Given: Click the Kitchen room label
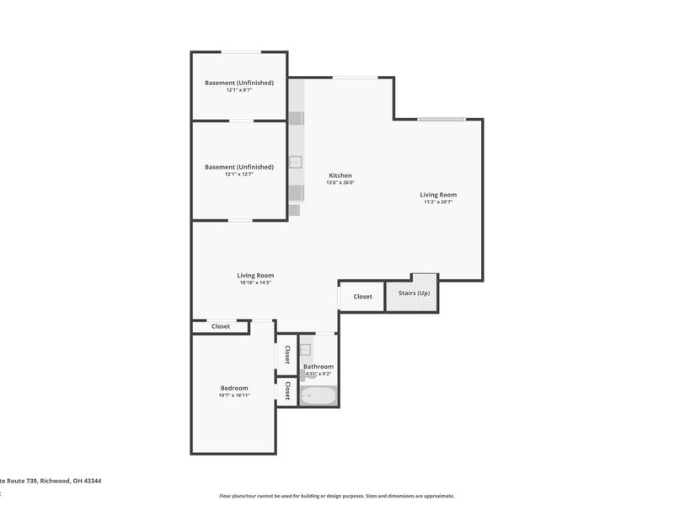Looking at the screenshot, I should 340,175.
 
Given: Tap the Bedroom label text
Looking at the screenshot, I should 234,388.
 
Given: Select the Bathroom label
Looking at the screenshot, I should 318,367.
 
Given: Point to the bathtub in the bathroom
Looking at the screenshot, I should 318,395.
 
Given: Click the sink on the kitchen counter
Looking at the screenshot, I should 296,163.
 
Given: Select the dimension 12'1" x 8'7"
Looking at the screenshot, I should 239,90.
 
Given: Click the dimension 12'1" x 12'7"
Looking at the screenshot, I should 239,175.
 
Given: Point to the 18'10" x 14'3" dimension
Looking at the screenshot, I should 255,283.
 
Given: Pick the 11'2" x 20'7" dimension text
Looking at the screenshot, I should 439,202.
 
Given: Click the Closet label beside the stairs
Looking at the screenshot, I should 362,297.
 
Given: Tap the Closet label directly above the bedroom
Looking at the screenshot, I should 221,326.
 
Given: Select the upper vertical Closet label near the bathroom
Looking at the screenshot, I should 287,354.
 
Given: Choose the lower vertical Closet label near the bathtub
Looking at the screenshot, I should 287,390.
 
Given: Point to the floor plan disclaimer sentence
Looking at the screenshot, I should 337,496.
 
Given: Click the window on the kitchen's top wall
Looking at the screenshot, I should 354,78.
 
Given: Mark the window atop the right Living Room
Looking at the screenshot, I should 441,119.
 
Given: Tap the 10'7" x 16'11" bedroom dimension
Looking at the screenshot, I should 234,396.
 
